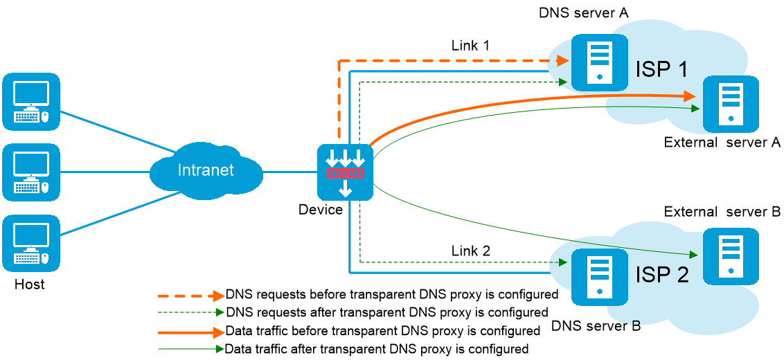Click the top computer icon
pos(31,102)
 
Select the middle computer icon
pos(31,172)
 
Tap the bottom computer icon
pos(31,243)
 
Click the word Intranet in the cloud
pos(206,170)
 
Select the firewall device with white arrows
pos(345,172)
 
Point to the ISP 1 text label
pos(661,69)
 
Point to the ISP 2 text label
pos(661,275)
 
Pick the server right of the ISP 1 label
pos(731,104)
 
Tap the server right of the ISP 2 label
pos(731,256)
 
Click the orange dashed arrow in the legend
pos(191,296)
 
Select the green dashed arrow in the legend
pos(191,312)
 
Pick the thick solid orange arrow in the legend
pos(191,333)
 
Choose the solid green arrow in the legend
pos(191,349)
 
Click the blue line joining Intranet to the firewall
pos(289,172)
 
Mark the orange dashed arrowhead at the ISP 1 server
pos(562,61)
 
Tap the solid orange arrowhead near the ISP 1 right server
pos(688,96)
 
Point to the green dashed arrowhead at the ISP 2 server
pos(562,262)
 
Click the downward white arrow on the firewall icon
pos(345,188)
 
